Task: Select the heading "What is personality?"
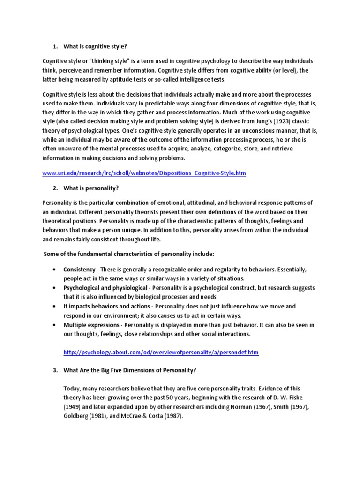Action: pyautogui.click(x=91, y=188)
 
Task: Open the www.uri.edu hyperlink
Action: pyautogui.click(x=144, y=173)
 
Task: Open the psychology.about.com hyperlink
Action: pyautogui.click(x=161, y=352)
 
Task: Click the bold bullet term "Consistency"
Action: pyautogui.click(x=79, y=270)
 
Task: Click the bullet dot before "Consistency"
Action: pyautogui.click(x=55, y=270)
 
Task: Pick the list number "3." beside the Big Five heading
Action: pyautogui.click(x=55, y=370)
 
